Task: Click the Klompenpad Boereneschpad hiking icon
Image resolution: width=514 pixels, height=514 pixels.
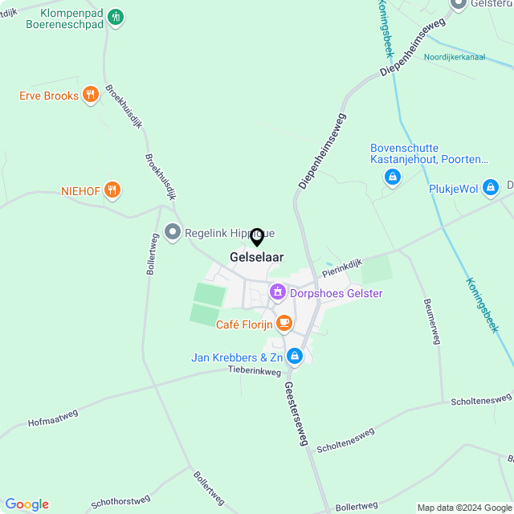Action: pyautogui.click(x=115, y=17)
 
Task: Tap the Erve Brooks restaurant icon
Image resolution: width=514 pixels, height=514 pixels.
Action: pyautogui.click(x=90, y=96)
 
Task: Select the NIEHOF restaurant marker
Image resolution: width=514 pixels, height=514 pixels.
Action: pyautogui.click(x=112, y=191)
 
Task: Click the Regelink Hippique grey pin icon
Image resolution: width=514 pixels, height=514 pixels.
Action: pyautogui.click(x=172, y=233)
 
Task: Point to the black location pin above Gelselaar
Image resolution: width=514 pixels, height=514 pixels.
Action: pyautogui.click(x=257, y=237)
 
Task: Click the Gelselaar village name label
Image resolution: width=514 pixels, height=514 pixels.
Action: pyautogui.click(x=256, y=257)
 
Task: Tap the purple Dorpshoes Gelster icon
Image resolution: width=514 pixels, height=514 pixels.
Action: pyautogui.click(x=278, y=292)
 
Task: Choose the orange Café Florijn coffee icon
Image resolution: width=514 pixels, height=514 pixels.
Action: pyautogui.click(x=284, y=324)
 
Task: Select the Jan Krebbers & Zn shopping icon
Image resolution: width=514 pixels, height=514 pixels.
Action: pyautogui.click(x=295, y=356)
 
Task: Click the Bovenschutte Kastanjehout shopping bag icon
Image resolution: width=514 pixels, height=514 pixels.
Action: pyautogui.click(x=392, y=177)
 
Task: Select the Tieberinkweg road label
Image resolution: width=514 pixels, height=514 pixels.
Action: pyautogui.click(x=255, y=371)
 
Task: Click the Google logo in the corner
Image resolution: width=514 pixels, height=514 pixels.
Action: pyautogui.click(x=27, y=504)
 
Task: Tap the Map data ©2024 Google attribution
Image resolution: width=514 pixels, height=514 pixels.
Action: pyautogui.click(x=464, y=507)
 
